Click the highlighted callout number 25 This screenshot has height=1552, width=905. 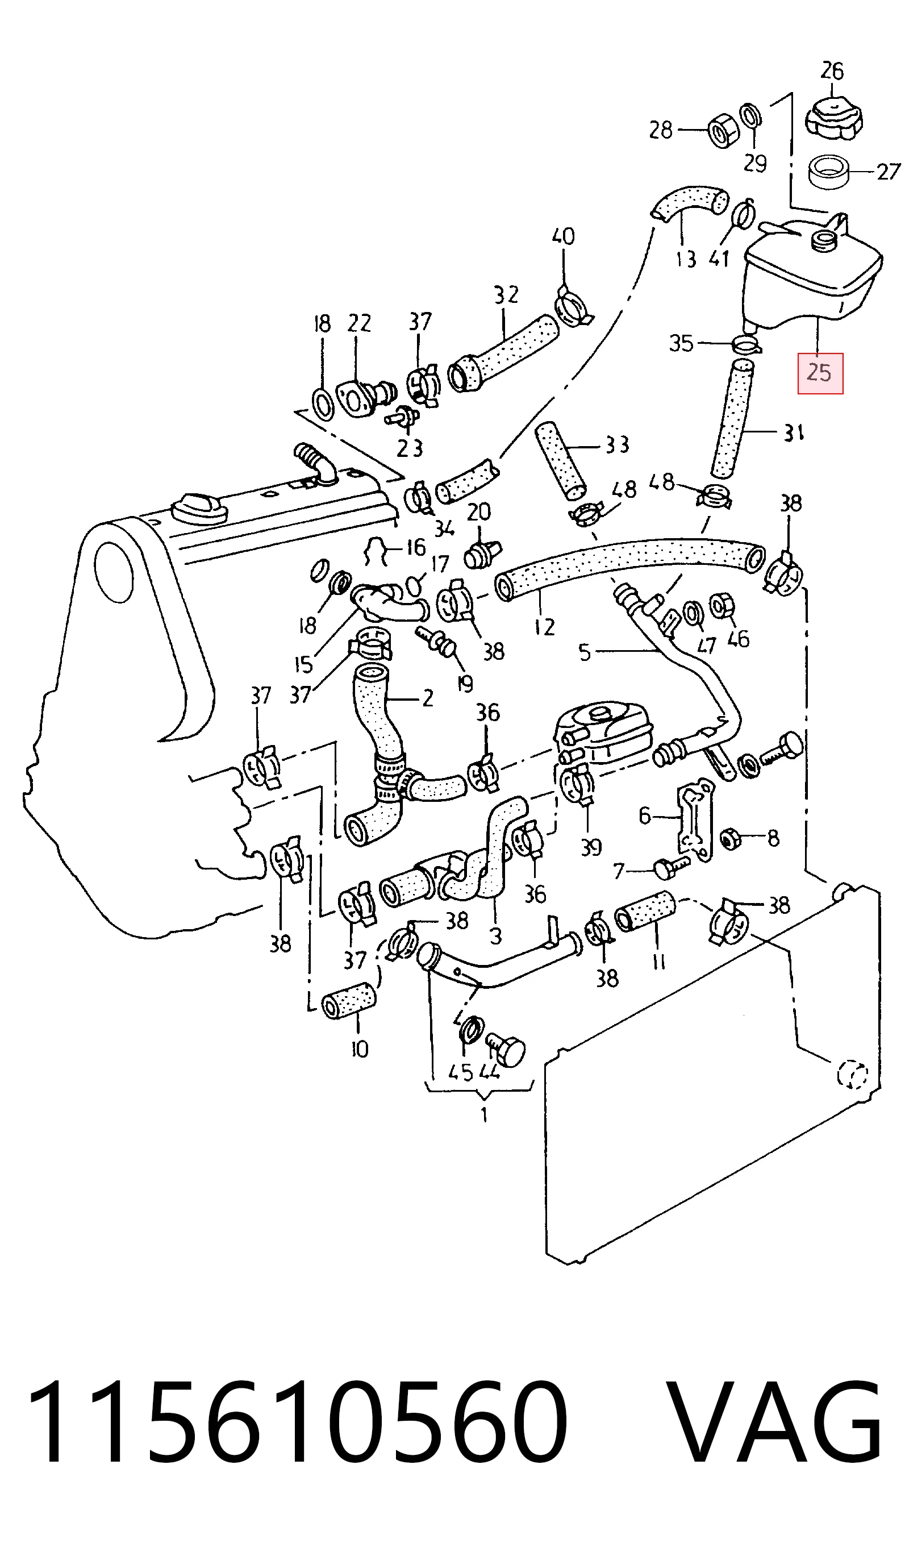[819, 373]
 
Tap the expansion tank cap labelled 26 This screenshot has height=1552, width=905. [833, 118]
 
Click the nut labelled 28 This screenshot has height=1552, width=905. [720, 131]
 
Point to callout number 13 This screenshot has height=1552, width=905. [685, 259]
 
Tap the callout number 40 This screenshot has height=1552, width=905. [564, 236]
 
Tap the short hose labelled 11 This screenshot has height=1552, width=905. [645, 912]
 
